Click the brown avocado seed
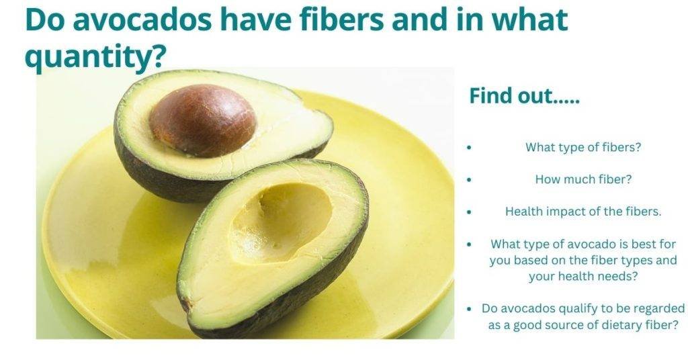click(x=202, y=121)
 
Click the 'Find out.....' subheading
click(x=524, y=96)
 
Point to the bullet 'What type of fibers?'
click(x=583, y=147)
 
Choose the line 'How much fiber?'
click(x=583, y=179)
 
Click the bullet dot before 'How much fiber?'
click(x=468, y=180)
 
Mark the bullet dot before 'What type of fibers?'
click(x=468, y=148)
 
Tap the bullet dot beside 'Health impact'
click(x=468, y=212)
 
